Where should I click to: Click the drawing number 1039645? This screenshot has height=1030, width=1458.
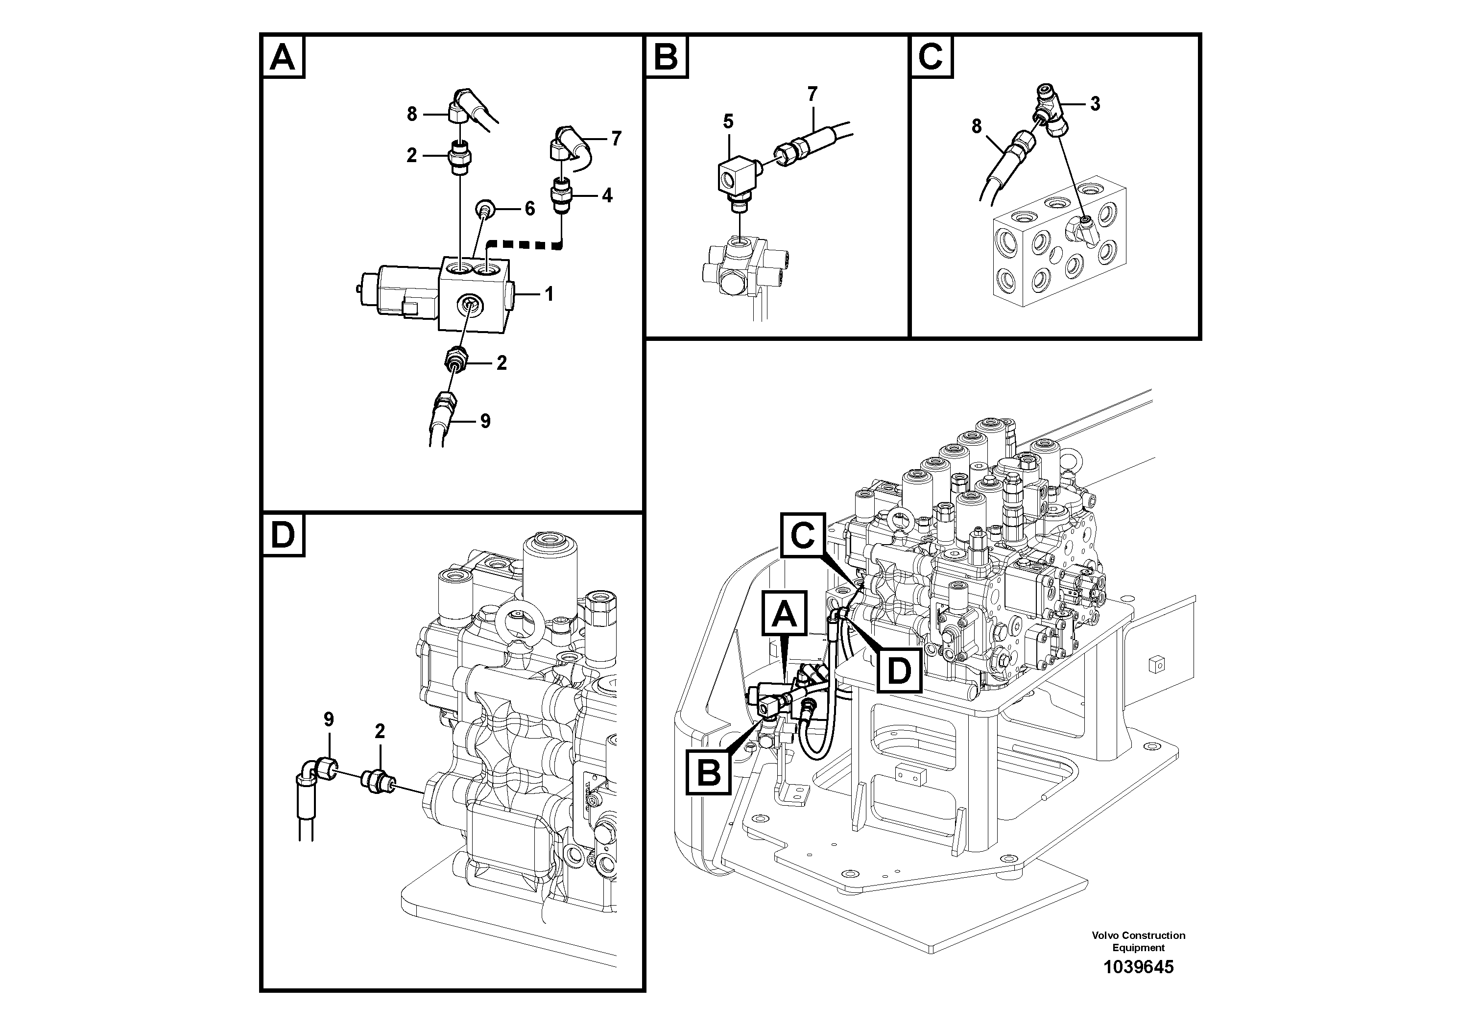tap(1138, 967)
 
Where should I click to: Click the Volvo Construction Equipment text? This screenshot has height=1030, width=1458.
tap(1138, 941)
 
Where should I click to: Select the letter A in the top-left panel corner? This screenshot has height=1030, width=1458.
tap(283, 57)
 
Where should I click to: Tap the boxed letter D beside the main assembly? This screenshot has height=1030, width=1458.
tap(899, 670)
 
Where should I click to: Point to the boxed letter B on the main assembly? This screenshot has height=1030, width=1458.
tap(709, 773)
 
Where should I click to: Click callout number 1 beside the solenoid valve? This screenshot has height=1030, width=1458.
tap(549, 294)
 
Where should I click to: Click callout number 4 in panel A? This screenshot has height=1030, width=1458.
tap(607, 195)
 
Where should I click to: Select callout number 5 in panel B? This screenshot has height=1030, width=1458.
tap(728, 120)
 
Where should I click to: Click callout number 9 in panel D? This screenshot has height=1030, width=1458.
tap(328, 719)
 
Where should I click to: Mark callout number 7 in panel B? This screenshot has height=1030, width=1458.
tap(812, 94)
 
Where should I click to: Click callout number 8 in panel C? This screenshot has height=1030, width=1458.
tap(977, 126)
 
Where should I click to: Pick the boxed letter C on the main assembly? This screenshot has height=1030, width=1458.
tap(803, 535)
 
